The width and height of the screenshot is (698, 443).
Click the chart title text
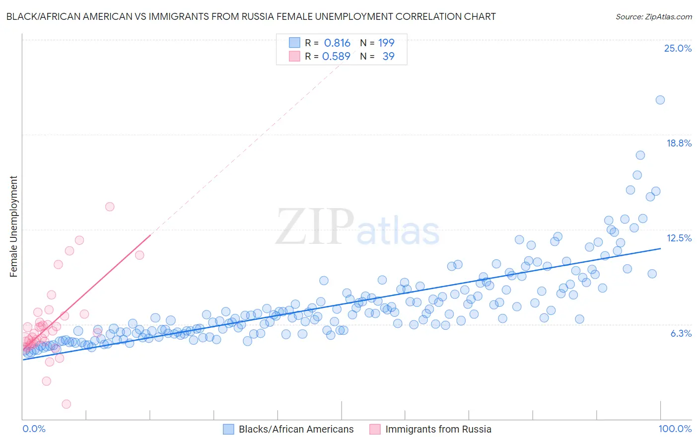pos(251,16)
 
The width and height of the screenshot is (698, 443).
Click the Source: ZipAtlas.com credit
pos(653,16)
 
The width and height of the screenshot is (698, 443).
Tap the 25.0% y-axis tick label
pos(678,48)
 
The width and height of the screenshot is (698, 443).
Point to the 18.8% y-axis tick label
pos(679,143)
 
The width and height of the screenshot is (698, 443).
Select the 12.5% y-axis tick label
pos(679,238)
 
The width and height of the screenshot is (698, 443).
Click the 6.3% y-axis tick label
pos(681,333)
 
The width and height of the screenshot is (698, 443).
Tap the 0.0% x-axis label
pos(34,429)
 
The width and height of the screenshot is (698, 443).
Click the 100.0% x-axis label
pos(675,429)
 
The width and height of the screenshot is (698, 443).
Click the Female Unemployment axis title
pos(13,226)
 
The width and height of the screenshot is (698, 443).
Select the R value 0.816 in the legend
pos(337,43)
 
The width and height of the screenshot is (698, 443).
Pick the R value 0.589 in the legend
pos(336,56)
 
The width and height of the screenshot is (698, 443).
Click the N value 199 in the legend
pos(386,43)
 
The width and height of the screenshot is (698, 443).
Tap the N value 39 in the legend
pos(388,56)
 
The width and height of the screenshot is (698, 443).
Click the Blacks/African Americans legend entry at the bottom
pos(296,429)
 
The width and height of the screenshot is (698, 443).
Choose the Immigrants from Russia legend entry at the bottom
pos(438,429)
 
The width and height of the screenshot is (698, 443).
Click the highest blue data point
pos(660,100)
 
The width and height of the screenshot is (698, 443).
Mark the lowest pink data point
pos(66,404)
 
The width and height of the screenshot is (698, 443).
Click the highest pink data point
pos(110,207)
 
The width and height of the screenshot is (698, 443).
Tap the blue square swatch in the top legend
pos(294,43)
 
